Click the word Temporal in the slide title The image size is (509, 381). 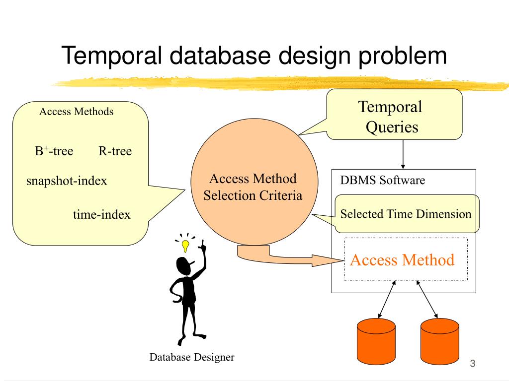pyautogui.click(x=111, y=56)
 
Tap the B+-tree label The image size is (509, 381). pyautogui.click(x=54, y=151)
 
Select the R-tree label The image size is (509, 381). pyautogui.click(x=115, y=151)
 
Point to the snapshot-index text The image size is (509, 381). pyautogui.click(x=67, y=181)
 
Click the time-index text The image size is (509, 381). pyautogui.click(x=101, y=214)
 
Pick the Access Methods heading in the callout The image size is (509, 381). pyautogui.click(x=76, y=112)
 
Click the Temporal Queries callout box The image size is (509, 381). pyautogui.click(x=394, y=115)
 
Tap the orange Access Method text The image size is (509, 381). pyautogui.click(x=402, y=260)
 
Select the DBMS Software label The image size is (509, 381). pyautogui.click(x=382, y=180)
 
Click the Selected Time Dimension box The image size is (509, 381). pyautogui.click(x=407, y=214)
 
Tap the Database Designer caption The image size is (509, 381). pyautogui.click(x=192, y=357)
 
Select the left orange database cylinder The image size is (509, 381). pyautogui.click(x=376, y=341)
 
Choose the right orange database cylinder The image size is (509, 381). pyautogui.click(x=440, y=341)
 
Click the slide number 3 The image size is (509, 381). pyautogui.click(x=473, y=364)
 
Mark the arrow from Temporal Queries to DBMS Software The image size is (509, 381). pyautogui.click(x=403, y=155)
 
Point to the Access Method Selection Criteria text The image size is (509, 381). pyautogui.click(x=253, y=187)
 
